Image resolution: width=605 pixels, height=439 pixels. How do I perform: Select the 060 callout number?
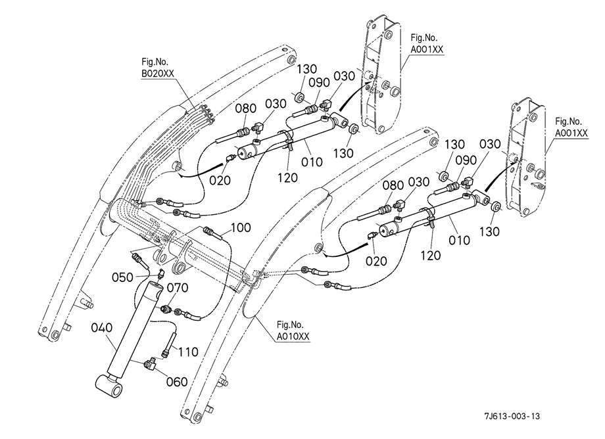click(177, 382)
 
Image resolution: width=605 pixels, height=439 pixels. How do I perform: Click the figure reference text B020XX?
click(158, 73)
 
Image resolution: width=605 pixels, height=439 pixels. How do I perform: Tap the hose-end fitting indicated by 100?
click(208, 231)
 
